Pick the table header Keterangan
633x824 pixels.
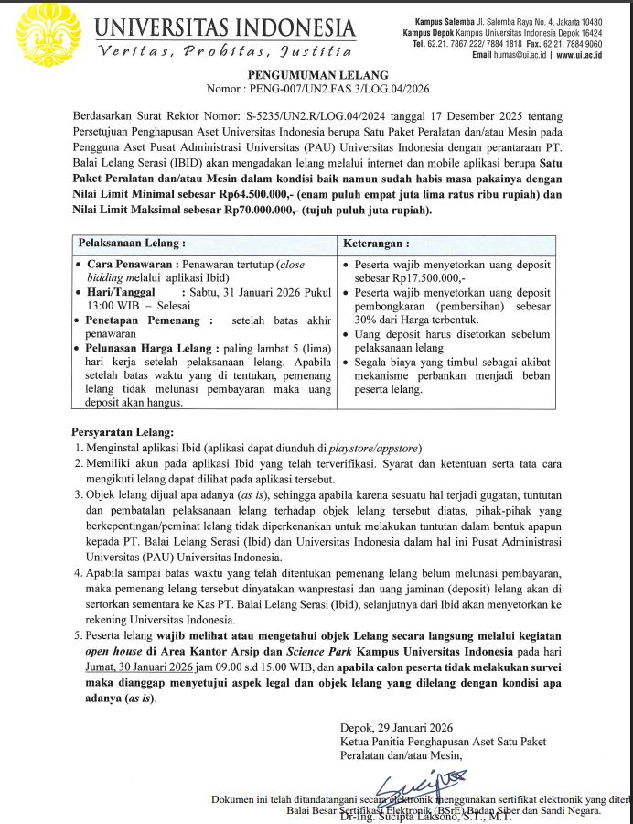[376, 245]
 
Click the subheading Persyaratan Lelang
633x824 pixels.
[122, 432]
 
